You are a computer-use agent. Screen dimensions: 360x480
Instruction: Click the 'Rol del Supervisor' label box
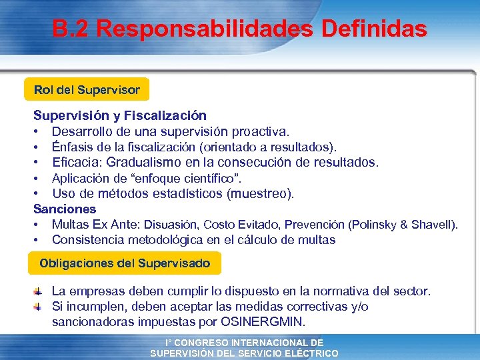click(x=87, y=89)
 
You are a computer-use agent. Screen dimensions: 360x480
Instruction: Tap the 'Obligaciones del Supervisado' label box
click(x=125, y=263)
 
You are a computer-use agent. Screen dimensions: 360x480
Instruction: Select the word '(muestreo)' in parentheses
click(x=261, y=194)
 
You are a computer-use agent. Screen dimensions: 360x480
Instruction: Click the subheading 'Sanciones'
click(x=65, y=209)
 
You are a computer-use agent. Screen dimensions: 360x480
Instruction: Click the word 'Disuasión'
click(x=172, y=225)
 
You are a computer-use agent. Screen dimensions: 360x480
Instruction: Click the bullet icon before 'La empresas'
click(x=39, y=291)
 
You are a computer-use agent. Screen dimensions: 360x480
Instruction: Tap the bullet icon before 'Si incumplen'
click(x=39, y=306)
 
